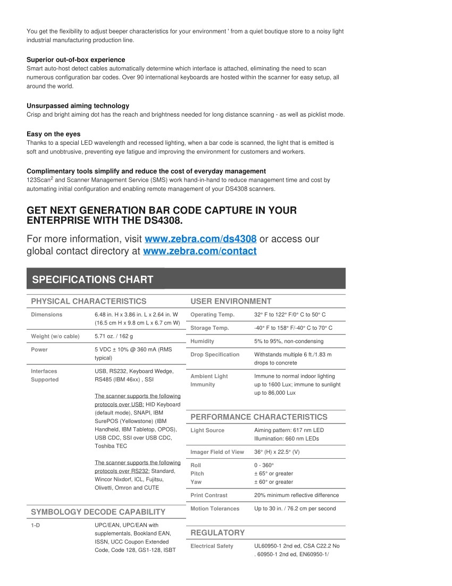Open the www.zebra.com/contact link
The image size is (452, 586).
200,251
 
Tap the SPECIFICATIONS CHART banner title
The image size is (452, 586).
93,279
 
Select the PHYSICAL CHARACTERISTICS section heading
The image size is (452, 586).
88,302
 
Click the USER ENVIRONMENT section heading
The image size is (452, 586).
231,302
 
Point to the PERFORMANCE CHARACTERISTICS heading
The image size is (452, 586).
259,417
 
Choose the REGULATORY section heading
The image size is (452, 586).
217,533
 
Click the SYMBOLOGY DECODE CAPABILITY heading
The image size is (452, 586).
98,512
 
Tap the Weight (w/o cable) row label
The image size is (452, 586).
55,337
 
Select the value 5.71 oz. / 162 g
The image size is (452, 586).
114,337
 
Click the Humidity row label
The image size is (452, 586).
202,341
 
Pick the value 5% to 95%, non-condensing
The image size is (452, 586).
288,341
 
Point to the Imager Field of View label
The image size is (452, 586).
217,452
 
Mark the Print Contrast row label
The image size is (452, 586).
208,495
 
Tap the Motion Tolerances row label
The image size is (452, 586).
215,509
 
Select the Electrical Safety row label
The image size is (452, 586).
212,546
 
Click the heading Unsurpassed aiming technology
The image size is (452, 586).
78,106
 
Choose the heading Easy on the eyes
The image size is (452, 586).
53,134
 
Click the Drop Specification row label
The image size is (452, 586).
215,355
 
